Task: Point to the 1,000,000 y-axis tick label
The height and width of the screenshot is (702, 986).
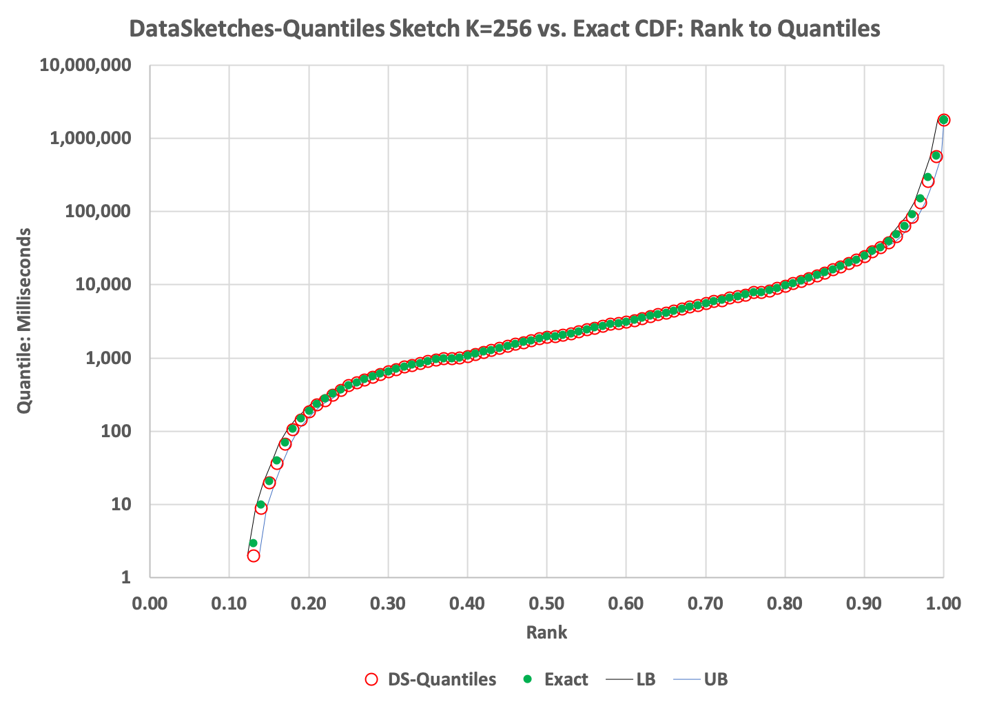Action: point(90,139)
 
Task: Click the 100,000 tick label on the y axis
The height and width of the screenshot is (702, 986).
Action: point(98,212)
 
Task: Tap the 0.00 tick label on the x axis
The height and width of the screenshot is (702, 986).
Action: point(150,604)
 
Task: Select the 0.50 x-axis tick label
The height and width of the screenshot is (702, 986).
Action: point(546,604)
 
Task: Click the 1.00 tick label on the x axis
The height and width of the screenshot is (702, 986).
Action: point(943,604)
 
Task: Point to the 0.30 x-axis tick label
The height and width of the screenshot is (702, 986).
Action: point(388,604)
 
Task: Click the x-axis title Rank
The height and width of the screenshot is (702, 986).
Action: point(546,632)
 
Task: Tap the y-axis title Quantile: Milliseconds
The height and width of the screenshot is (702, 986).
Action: point(25,321)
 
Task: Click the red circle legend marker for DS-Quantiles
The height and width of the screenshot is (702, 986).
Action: point(371,679)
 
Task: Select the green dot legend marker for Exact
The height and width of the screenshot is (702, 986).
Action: point(528,679)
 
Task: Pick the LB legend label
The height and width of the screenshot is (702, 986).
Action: point(646,679)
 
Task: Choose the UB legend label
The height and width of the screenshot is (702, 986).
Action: point(716,679)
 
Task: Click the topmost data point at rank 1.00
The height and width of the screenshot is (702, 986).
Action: point(944,120)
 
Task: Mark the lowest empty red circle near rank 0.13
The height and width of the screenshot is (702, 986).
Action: point(254,555)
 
